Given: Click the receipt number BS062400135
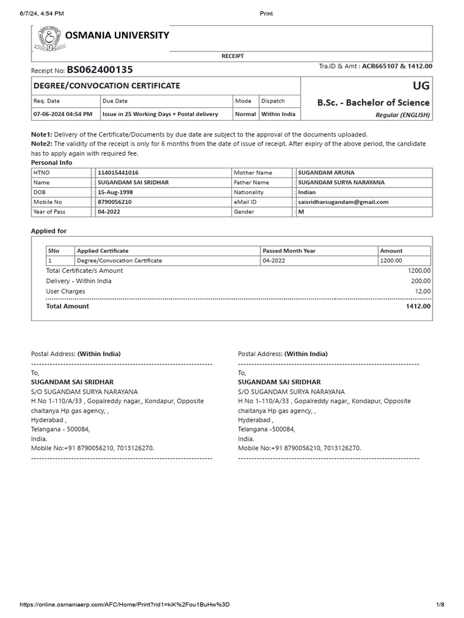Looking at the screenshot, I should (x=100, y=70).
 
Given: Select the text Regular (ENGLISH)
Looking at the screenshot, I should (x=402, y=115).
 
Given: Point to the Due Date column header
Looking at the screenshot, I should (x=115, y=101).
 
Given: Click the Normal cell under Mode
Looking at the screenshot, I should (x=245, y=113).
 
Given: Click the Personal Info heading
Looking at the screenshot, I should (x=51, y=163).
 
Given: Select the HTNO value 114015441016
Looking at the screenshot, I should (x=118, y=173).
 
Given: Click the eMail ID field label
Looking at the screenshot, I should (x=245, y=202).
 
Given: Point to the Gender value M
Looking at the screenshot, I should (x=301, y=212).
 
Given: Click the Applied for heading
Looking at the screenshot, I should (x=48, y=231).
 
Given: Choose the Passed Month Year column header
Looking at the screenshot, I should (x=289, y=250).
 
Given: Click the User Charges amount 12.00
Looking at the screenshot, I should (x=422, y=291).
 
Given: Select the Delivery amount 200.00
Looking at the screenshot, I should (x=420, y=281).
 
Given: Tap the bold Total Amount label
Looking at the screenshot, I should (x=67, y=306).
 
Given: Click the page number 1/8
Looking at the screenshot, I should (x=440, y=605).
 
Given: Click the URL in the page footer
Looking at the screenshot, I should (x=124, y=605).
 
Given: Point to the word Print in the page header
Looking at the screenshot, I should (x=266, y=13).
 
